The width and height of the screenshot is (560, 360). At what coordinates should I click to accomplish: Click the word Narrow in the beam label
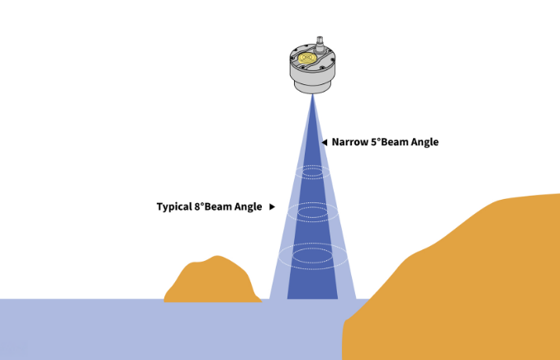[x=350, y=142]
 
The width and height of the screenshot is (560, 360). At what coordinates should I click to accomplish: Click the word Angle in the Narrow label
[x=425, y=142]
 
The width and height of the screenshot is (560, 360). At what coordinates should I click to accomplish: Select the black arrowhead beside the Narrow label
[x=325, y=142]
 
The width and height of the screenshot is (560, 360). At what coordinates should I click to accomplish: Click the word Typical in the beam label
[x=174, y=206]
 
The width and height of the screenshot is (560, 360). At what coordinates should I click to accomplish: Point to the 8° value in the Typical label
[x=199, y=206]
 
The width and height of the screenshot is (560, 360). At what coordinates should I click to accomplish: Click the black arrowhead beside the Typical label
[x=272, y=206]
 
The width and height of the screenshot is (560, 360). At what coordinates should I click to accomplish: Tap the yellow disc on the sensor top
[x=306, y=58]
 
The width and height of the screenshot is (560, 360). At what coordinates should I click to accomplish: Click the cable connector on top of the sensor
[x=320, y=45]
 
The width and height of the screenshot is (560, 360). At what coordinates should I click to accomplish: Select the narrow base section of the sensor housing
[x=312, y=87]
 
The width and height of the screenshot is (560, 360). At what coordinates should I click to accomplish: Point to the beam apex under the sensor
[x=312, y=95]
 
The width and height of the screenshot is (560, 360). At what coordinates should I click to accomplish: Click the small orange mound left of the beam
[x=213, y=281]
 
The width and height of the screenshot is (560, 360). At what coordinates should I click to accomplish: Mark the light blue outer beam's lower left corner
[x=269, y=299]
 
